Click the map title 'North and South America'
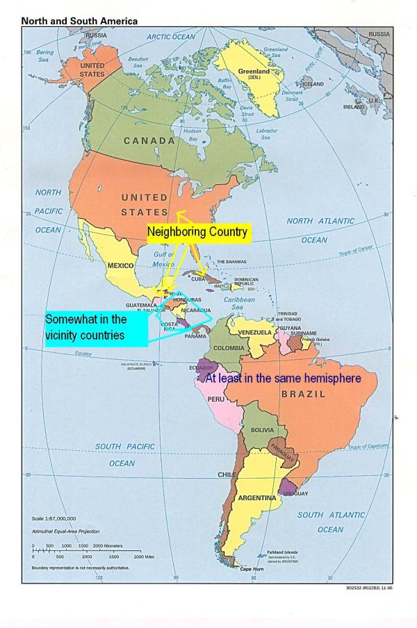pyautogui.click(x=79, y=22)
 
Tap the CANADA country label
pyautogui.click(x=149, y=141)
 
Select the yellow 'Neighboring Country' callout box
pyautogui.click(x=197, y=232)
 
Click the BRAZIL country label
pyautogui.click(x=303, y=394)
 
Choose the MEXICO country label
pyautogui.click(x=120, y=265)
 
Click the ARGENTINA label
pyautogui.click(x=256, y=497)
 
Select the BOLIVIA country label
pyautogui.click(x=262, y=430)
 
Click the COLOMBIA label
pyautogui.click(x=228, y=347)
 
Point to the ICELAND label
pyautogui.click(x=313, y=83)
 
